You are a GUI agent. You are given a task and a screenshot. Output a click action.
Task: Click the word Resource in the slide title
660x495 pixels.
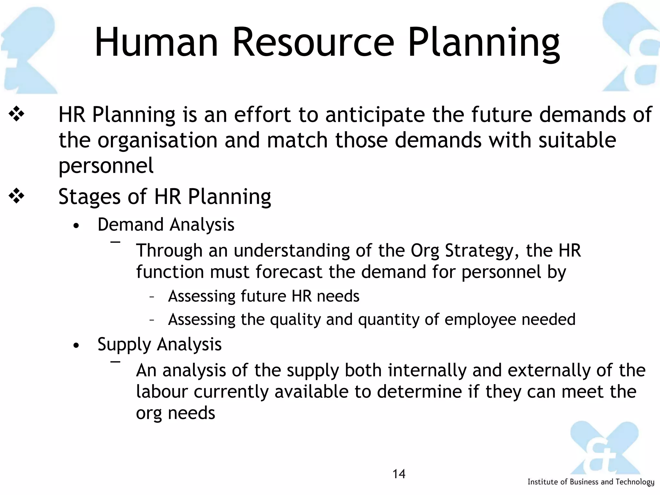click(x=313, y=43)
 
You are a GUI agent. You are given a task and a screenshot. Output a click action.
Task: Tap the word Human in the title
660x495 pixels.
click(x=157, y=43)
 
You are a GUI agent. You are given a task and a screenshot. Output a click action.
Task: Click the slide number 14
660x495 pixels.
click(x=399, y=474)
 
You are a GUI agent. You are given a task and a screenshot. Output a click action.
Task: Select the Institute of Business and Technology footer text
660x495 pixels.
click(x=591, y=482)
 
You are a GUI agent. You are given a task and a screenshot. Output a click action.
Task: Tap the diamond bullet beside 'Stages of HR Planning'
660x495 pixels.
click(x=16, y=196)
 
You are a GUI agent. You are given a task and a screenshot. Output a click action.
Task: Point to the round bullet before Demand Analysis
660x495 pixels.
click(x=76, y=226)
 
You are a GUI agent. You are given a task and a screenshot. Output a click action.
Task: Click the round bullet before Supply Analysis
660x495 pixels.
click(x=76, y=346)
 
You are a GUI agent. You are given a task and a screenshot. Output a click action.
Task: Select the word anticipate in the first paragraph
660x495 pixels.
click(x=375, y=115)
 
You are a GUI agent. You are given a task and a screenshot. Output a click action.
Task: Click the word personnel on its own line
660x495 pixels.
click(x=106, y=166)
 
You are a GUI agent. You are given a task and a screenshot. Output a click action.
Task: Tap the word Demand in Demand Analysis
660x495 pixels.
click(x=130, y=225)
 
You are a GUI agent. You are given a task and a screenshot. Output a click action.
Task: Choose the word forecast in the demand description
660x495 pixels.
click(x=289, y=272)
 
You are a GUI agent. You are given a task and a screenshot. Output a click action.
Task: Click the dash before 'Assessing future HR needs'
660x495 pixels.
click(x=152, y=297)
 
